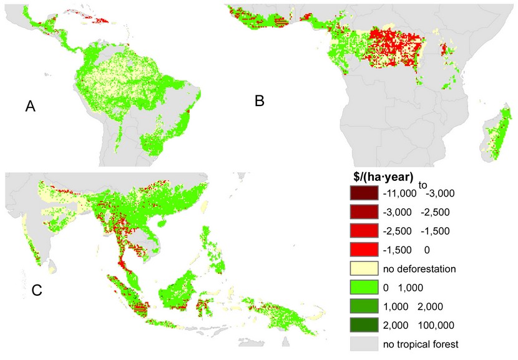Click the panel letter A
[x=29, y=107]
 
